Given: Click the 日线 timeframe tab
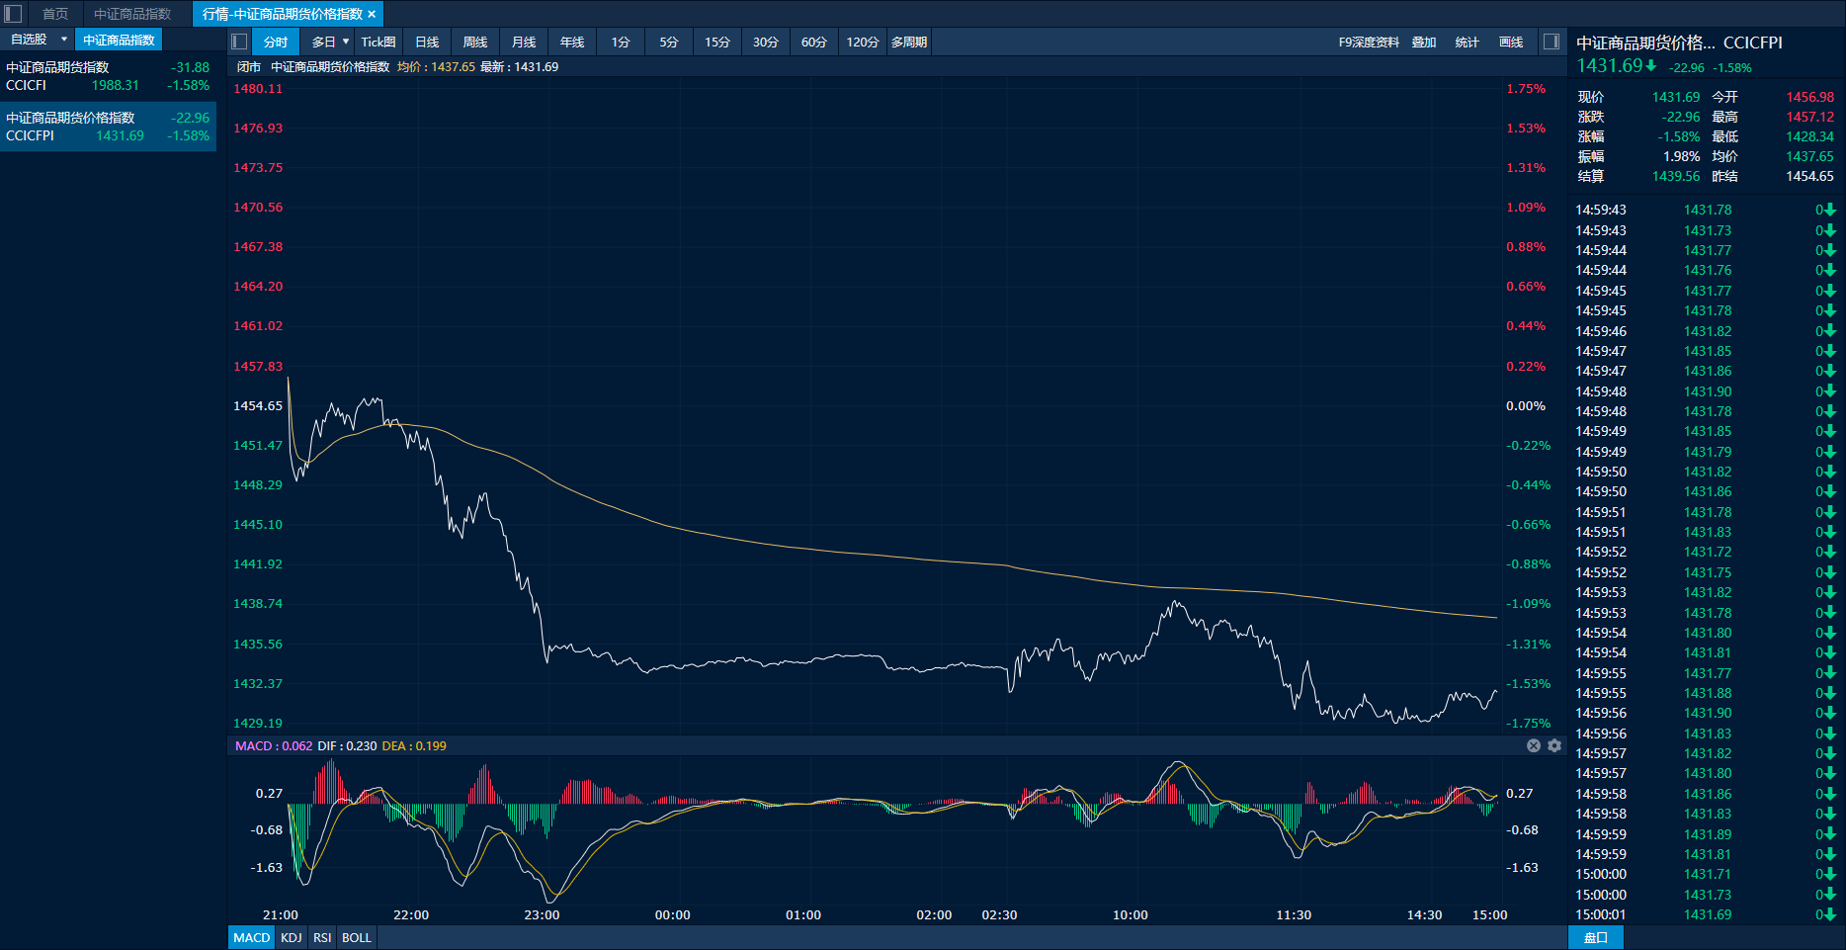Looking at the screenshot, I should pyautogui.click(x=427, y=42).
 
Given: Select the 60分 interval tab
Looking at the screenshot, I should pyautogui.click(x=813, y=42).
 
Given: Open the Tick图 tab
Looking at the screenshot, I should pyautogui.click(x=378, y=42).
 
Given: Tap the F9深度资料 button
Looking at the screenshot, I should pyautogui.click(x=1369, y=42).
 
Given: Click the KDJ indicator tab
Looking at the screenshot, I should pyautogui.click(x=291, y=937).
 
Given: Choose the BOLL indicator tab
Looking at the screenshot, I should pyautogui.click(x=357, y=937).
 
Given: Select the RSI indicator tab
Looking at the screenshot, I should pyautogui.click(x=322, y=937).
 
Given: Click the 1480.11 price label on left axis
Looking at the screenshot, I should pyautogui.click(x=258, y=89).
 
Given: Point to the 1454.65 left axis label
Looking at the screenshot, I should pyautogui.click(x=258, y=406).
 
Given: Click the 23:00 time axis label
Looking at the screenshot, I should pyautogui.click(x=542, y=915).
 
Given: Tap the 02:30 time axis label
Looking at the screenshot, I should pyautogui.click(x=999, y=915).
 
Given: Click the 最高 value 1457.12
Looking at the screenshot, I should pyautogui.click(x=1809, y=117).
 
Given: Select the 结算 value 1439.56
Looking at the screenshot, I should pyautogui.click(x=1676, y=176).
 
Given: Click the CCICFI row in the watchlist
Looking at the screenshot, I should pyautogui.click(x=108, y=76).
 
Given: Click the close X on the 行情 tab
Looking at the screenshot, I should pyautogui.click(x=372, y=14).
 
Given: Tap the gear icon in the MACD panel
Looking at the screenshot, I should pyautogui.click(x=1554, y=745).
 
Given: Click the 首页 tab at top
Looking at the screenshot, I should pyautogui.click(x=55, y=14).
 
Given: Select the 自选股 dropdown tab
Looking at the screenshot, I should pyautogui.click(x=38, y=40).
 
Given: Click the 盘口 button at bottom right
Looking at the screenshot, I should pyautogui.click(x=1595, y=937).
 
